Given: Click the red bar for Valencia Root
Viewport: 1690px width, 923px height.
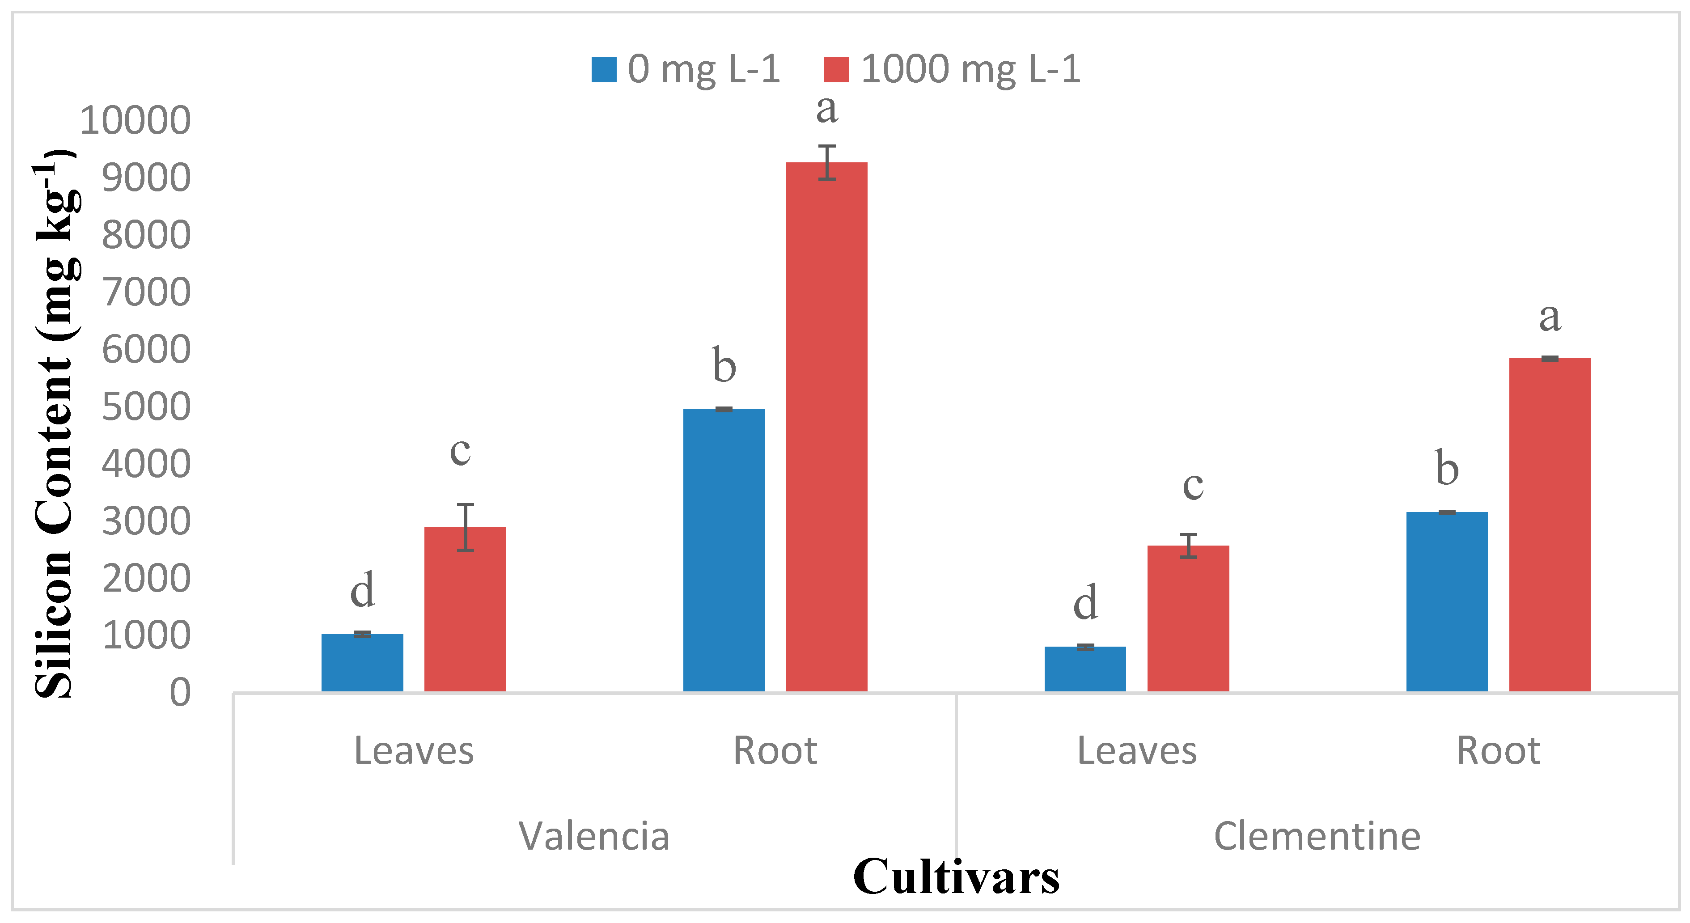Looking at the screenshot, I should click(826, 427).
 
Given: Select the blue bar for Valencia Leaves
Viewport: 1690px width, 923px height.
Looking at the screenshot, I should click(362, 663).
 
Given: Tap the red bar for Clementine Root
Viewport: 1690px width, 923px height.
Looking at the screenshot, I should click(1550, 525).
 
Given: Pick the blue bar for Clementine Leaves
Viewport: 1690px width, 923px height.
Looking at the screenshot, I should click(1085, 669).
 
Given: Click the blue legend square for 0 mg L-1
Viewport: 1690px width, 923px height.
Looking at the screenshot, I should click(604, 69).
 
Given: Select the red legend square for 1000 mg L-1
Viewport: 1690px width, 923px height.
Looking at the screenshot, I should click(836, 69).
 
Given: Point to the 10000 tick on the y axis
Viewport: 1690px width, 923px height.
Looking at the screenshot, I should click(135, 121).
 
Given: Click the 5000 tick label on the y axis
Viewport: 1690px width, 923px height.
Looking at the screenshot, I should click(146, 407).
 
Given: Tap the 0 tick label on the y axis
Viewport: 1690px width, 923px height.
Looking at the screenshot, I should click(180, 693).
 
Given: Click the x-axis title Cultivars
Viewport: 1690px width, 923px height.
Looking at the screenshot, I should click(956, 876).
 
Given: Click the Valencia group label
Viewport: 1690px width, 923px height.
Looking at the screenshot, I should click(594, 836).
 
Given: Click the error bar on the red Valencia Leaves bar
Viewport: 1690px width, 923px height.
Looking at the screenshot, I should click(465, 527).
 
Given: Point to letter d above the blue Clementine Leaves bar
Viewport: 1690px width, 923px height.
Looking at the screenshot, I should click(1085, 602).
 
